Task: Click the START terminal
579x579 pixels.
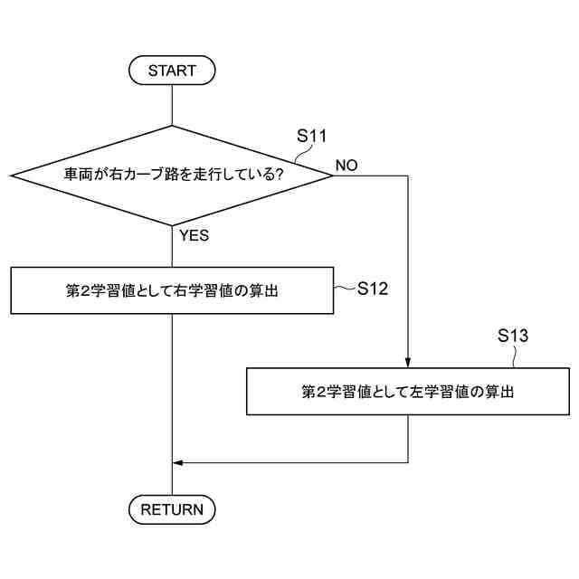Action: coord(172,70)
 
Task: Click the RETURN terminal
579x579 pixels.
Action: coord(172,509)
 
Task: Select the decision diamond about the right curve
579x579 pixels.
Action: coord(172,175)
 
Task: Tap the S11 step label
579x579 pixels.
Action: coord(312,137)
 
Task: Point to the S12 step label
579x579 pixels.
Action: coord(372,289)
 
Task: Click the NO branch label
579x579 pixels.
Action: coord(346,166)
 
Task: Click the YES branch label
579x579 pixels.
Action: coord(194,235)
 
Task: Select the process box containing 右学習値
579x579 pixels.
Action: coord(172,290)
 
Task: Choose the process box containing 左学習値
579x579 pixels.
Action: coord(408,392)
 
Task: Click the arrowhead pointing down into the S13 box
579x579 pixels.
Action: coord(408,362)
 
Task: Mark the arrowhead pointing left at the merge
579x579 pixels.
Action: coord(178,462)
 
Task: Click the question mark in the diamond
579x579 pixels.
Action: coord(279,175)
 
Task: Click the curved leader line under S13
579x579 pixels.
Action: coord(516,357)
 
